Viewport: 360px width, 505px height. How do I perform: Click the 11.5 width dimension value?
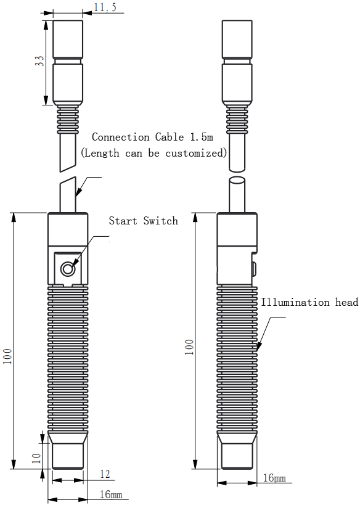[x=105, y=7]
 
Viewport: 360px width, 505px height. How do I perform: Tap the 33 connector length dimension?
[x=39, y=61]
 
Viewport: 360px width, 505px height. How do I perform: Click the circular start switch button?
[x=68, y=269]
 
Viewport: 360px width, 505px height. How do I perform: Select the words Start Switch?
[x=143, y=221]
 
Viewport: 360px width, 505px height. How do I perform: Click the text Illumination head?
[x=309, y=302]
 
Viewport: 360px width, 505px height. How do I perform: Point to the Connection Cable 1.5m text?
[x=153, y=137]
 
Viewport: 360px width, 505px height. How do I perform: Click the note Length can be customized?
[x=154, y=153]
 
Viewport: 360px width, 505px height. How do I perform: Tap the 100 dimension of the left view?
[x=7, y=356]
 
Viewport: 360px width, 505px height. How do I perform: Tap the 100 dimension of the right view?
[x=189, y=347]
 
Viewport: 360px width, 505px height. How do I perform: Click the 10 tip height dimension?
[x=37, y=458]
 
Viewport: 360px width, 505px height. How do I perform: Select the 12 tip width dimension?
[x=105, y=474]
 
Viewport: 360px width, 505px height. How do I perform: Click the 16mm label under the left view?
[x=111, y=494]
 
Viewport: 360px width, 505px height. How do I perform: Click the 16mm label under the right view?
[x=274, y=478]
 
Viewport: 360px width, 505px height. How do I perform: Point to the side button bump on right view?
[x=254, y=269]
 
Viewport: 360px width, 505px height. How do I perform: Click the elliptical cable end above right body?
[x=237, y=180]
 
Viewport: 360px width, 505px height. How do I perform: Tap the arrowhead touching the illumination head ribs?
[x=258, y=347]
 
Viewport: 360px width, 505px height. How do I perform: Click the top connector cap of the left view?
[x=68, y=39]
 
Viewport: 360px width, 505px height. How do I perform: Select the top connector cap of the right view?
[x=237, y=39]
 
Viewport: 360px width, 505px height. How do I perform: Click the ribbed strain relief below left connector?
[x=68, y=121]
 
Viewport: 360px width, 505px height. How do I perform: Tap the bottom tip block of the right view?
[x=237, y=456]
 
